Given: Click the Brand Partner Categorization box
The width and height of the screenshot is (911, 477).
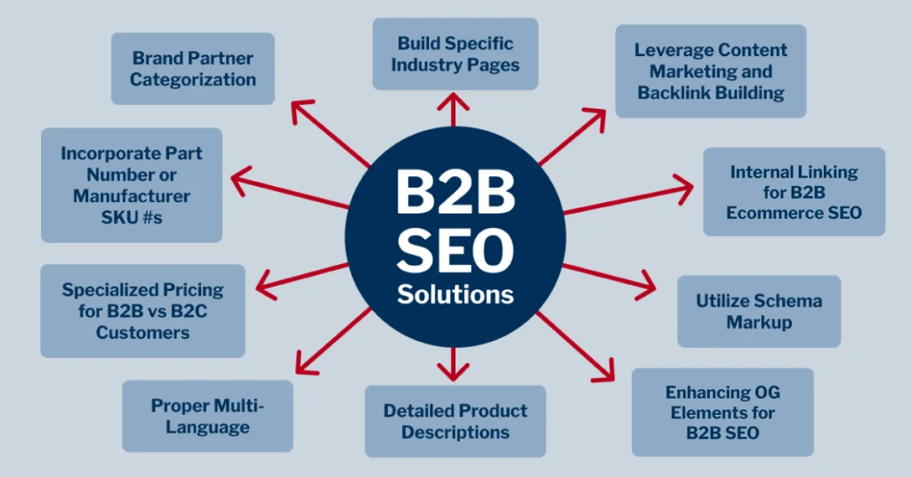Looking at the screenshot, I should (x=193, y=69).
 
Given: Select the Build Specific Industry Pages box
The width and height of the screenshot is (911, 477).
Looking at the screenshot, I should (x=455, y=53).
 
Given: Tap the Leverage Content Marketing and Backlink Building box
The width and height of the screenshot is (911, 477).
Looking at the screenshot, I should (x=710, y=70).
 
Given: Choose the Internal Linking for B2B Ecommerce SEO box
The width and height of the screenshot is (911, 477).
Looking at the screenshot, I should (x=794, y=191).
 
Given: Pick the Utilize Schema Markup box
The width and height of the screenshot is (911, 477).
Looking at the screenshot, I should (x=758, y=311).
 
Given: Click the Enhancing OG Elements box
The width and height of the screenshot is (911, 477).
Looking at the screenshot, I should (x=722, y=412).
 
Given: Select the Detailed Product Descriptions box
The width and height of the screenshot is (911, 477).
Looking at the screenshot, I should (x=455, y=421).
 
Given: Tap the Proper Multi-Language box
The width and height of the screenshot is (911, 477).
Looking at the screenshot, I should (x=207, y=416).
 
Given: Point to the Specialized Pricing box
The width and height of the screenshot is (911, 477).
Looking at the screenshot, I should (x=142, y=311).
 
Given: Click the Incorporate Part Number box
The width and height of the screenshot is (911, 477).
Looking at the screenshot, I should (x=131, y=185).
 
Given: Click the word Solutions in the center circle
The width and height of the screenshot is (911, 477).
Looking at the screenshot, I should (x=455, y=293).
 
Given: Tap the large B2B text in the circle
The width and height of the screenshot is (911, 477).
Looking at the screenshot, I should (x=455, y=191).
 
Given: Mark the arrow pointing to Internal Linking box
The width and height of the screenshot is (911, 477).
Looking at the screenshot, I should (x=632, y=198).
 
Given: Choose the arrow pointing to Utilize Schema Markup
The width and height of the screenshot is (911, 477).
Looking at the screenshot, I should (x=614, y=279).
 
